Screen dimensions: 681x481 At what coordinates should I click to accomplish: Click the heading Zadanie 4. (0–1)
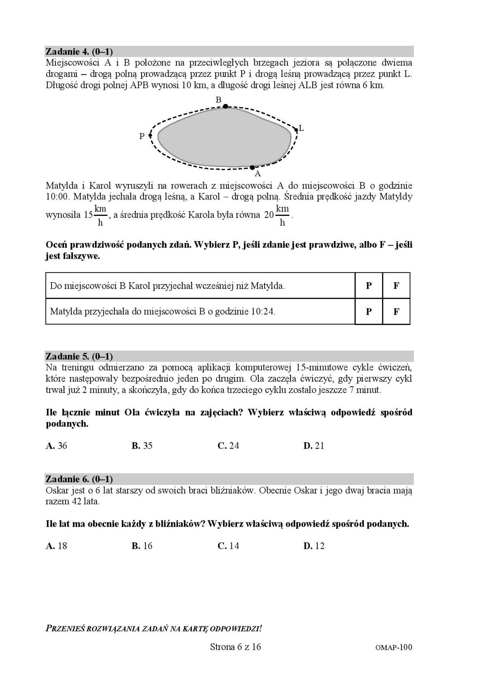point(79,51)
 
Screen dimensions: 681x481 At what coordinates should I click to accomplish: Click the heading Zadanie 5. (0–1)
point(79,356)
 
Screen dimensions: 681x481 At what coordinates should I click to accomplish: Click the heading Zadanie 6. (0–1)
point(79,479)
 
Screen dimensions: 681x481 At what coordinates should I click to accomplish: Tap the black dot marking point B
point(226,106)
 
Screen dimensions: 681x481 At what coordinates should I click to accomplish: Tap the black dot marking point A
point(252,167)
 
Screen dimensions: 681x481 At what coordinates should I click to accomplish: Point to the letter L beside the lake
point(301,128)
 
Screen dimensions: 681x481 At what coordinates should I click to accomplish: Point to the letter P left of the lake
point(142,136)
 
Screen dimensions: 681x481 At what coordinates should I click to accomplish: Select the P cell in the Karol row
point(369,285)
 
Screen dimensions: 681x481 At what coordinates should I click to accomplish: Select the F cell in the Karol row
point(396,285)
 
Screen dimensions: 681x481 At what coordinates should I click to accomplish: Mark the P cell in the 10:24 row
point(369,311)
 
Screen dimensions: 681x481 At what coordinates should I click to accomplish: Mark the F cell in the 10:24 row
point(396,311)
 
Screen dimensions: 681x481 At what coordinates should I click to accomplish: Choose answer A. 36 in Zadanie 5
point(56,446)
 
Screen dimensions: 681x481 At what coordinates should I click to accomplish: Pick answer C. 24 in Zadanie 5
point(228,446)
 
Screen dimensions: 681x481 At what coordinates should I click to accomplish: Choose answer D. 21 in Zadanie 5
point(314,446)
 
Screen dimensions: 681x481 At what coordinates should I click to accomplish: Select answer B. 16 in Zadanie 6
point(142,546)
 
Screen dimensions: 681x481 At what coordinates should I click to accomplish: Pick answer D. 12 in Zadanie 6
point(314,546)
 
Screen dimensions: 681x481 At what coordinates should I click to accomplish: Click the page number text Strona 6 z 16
point(235,647)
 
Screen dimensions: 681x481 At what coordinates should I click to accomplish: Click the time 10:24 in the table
point(262,311)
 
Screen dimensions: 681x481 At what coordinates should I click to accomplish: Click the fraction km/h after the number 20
point(282,215)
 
